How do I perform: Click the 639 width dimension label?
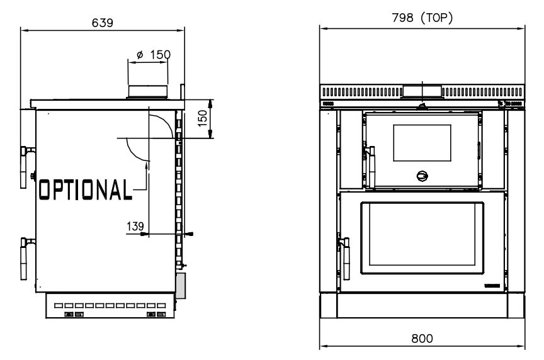click(x=103, y=23)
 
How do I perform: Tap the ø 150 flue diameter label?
click(x=154, y=55)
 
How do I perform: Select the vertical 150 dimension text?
click(x=202, y=118)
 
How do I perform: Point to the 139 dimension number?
click(x=135, y=227)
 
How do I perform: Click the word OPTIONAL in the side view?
click(x=86, y=189)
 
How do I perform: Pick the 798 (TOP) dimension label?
click(x=422, y=18)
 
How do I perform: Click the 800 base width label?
click(x=422, y=338)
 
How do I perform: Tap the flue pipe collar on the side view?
click(x=148, y=92)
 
